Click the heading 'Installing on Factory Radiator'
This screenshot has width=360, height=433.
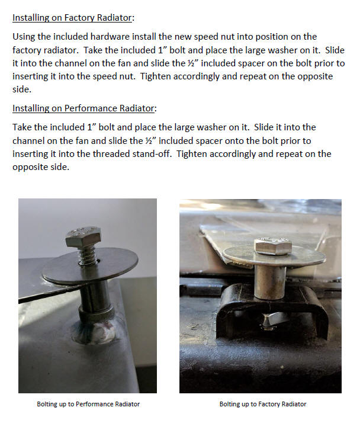72,18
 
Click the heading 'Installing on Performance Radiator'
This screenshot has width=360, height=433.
83,108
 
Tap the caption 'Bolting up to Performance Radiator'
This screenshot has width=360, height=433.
88,404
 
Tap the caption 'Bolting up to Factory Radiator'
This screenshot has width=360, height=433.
263,404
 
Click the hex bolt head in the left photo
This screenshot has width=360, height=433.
83,236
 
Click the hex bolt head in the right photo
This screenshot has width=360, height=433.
273,246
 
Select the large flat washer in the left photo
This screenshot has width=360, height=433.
90,267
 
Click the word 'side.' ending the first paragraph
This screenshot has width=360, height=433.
22,89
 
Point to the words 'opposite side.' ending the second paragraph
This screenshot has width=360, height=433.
41,168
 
